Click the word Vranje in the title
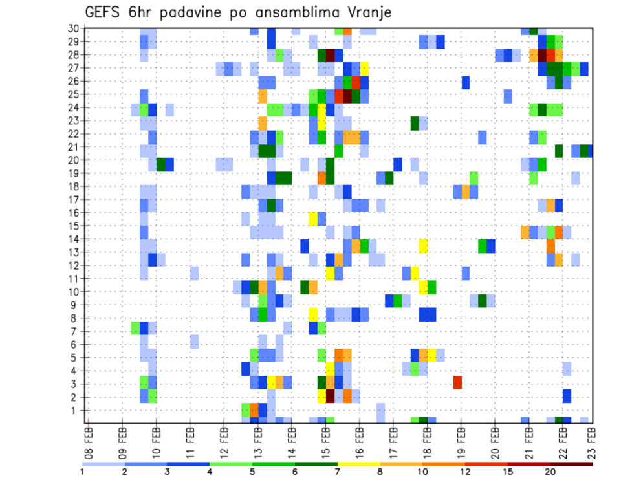click(x=367, y=12)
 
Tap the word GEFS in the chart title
click(x=103, y=12)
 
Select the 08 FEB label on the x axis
click(x=89, y=441)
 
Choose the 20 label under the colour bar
click(x=550, y=470)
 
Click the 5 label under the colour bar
click(x=253, y=470)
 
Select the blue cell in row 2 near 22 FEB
click(x=567, y=395)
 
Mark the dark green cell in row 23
click(x=415, y=122)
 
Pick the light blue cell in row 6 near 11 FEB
click(x=194, y=341)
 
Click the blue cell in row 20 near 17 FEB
click(x=397, y=163)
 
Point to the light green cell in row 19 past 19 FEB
click(x=474, y=177)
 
